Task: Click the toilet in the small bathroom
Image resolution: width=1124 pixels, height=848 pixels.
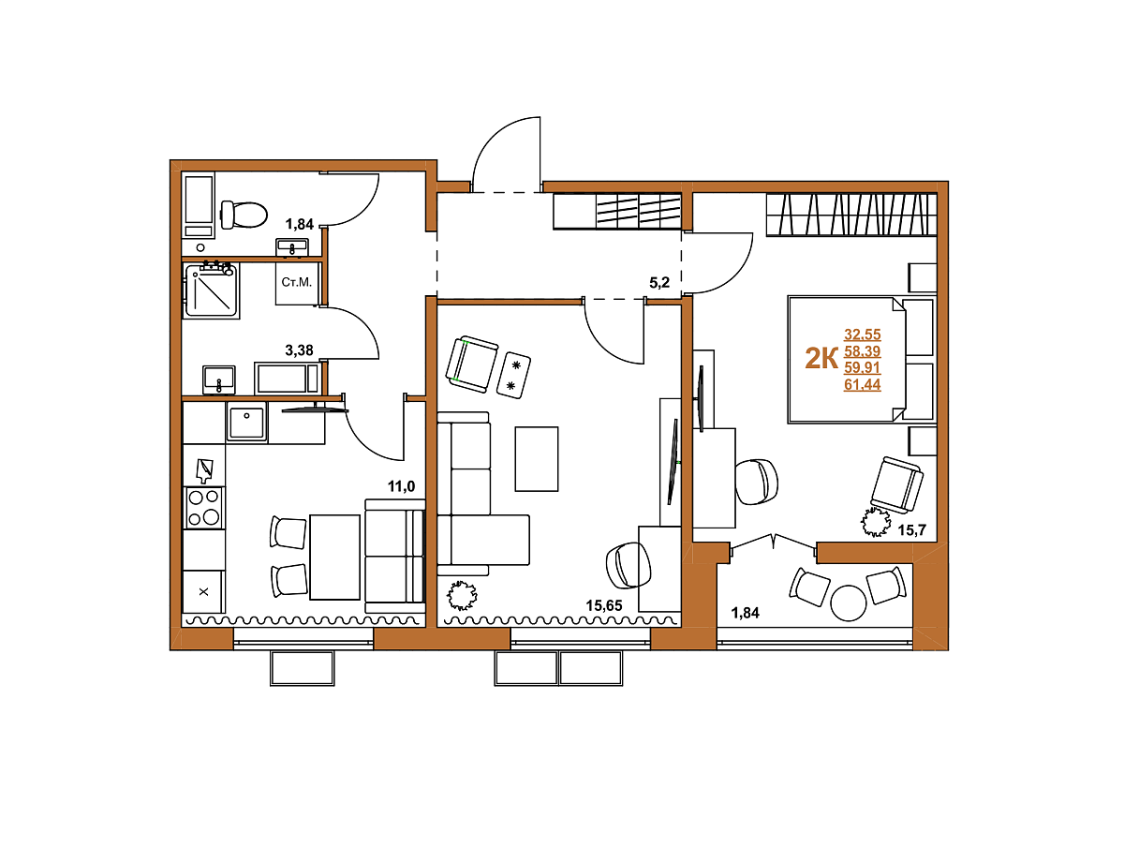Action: click(x=244, y=214)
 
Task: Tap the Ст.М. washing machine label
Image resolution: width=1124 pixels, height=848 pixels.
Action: click(x=297, y=282)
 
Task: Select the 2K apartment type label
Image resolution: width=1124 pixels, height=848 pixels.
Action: click(x=821, y=359)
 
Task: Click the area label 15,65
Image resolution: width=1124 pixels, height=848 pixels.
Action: click(x=604, y=606)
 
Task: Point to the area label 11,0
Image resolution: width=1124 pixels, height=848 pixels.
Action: click(x=402, y=486)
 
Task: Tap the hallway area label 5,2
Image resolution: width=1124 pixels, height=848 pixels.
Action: click(x=659, y=283)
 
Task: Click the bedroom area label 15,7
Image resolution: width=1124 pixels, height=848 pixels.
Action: click(x=912, y=530)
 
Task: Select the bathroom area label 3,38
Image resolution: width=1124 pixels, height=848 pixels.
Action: click(x=299, y=350)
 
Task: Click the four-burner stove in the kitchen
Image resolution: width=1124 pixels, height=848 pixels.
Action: click(x=204, y=508)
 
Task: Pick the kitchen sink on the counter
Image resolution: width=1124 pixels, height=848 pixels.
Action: click(x=247, y=423)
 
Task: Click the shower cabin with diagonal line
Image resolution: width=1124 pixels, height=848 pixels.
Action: click(x=212, y=290)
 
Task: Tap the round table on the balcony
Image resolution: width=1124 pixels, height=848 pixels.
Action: click(x=849, y=603)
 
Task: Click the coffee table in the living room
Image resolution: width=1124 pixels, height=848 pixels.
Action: click(x=537, y=459)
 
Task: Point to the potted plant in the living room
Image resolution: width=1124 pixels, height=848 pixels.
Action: click(x=462, y=596)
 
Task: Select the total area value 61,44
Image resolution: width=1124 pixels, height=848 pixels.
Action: click(x=863, y=384)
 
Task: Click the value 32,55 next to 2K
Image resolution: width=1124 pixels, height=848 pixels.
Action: click(x=863, y=335)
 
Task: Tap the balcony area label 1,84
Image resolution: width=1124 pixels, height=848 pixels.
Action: click(x=745, y=613)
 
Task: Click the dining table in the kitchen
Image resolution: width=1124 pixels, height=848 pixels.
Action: click(x=335, y=558)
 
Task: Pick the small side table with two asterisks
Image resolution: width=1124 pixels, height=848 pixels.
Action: click(x=513, y=375)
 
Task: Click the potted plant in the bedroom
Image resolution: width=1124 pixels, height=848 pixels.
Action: click(x=875, y=522)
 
